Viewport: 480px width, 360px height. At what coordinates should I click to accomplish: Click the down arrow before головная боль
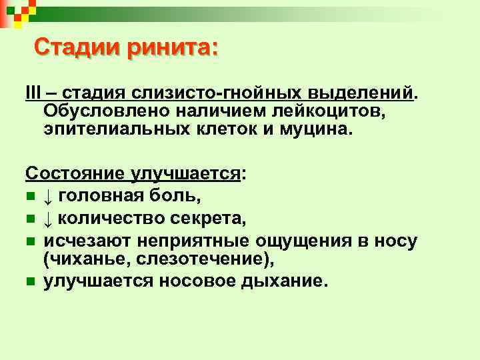49,196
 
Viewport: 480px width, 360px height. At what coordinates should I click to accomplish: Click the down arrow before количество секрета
49,216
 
